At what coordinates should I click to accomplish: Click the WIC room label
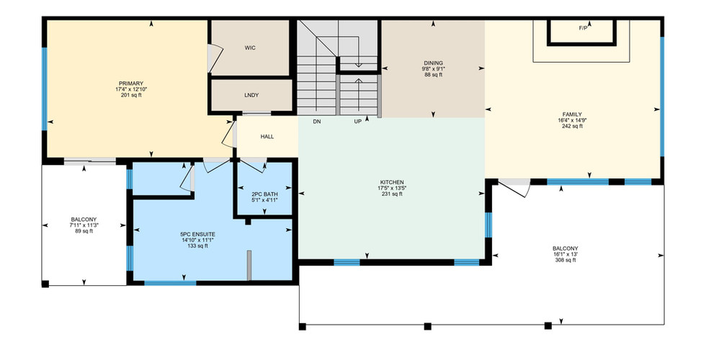[250, 48]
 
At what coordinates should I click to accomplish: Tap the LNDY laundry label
[251, 95]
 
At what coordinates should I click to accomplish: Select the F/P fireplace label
[583, 28]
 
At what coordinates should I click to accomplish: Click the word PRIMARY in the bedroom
[131, 84]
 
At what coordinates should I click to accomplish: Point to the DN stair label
[317, 122]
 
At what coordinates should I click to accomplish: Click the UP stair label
[357, 122]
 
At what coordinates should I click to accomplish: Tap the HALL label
[267, 137]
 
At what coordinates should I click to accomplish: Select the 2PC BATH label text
[265, 194]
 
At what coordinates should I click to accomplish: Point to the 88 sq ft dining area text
[433, 75]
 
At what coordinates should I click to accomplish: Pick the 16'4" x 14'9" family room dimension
[572, 120]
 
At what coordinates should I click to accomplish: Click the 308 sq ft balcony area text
[565, 260]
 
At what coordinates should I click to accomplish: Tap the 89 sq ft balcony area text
[84, 231]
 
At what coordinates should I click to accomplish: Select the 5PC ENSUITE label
[197, 235]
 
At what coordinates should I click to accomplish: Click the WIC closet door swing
[215, 58]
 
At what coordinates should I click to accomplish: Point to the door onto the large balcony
[514, 188]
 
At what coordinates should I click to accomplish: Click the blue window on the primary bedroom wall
[44, 89]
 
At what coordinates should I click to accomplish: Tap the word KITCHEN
[392, 183]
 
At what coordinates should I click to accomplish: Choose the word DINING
[433, 63]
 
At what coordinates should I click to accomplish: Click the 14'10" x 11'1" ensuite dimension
[197, 240]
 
